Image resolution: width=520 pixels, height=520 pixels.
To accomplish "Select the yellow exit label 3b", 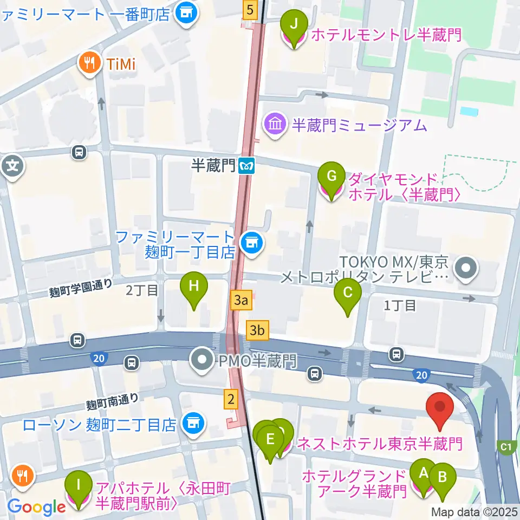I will pyautogui.click(x=257, y=330).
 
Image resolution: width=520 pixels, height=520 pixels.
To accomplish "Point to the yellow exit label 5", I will pyautogui.click(x=249, y=9).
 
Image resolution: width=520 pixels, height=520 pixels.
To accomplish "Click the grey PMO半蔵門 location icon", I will pyautogui.click(x=203, y=360).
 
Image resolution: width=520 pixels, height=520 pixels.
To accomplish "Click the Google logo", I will pyautogui.click(x=37, y=506).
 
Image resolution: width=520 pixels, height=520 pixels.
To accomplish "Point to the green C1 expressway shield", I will pyautogui.click(x=506, y=447).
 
